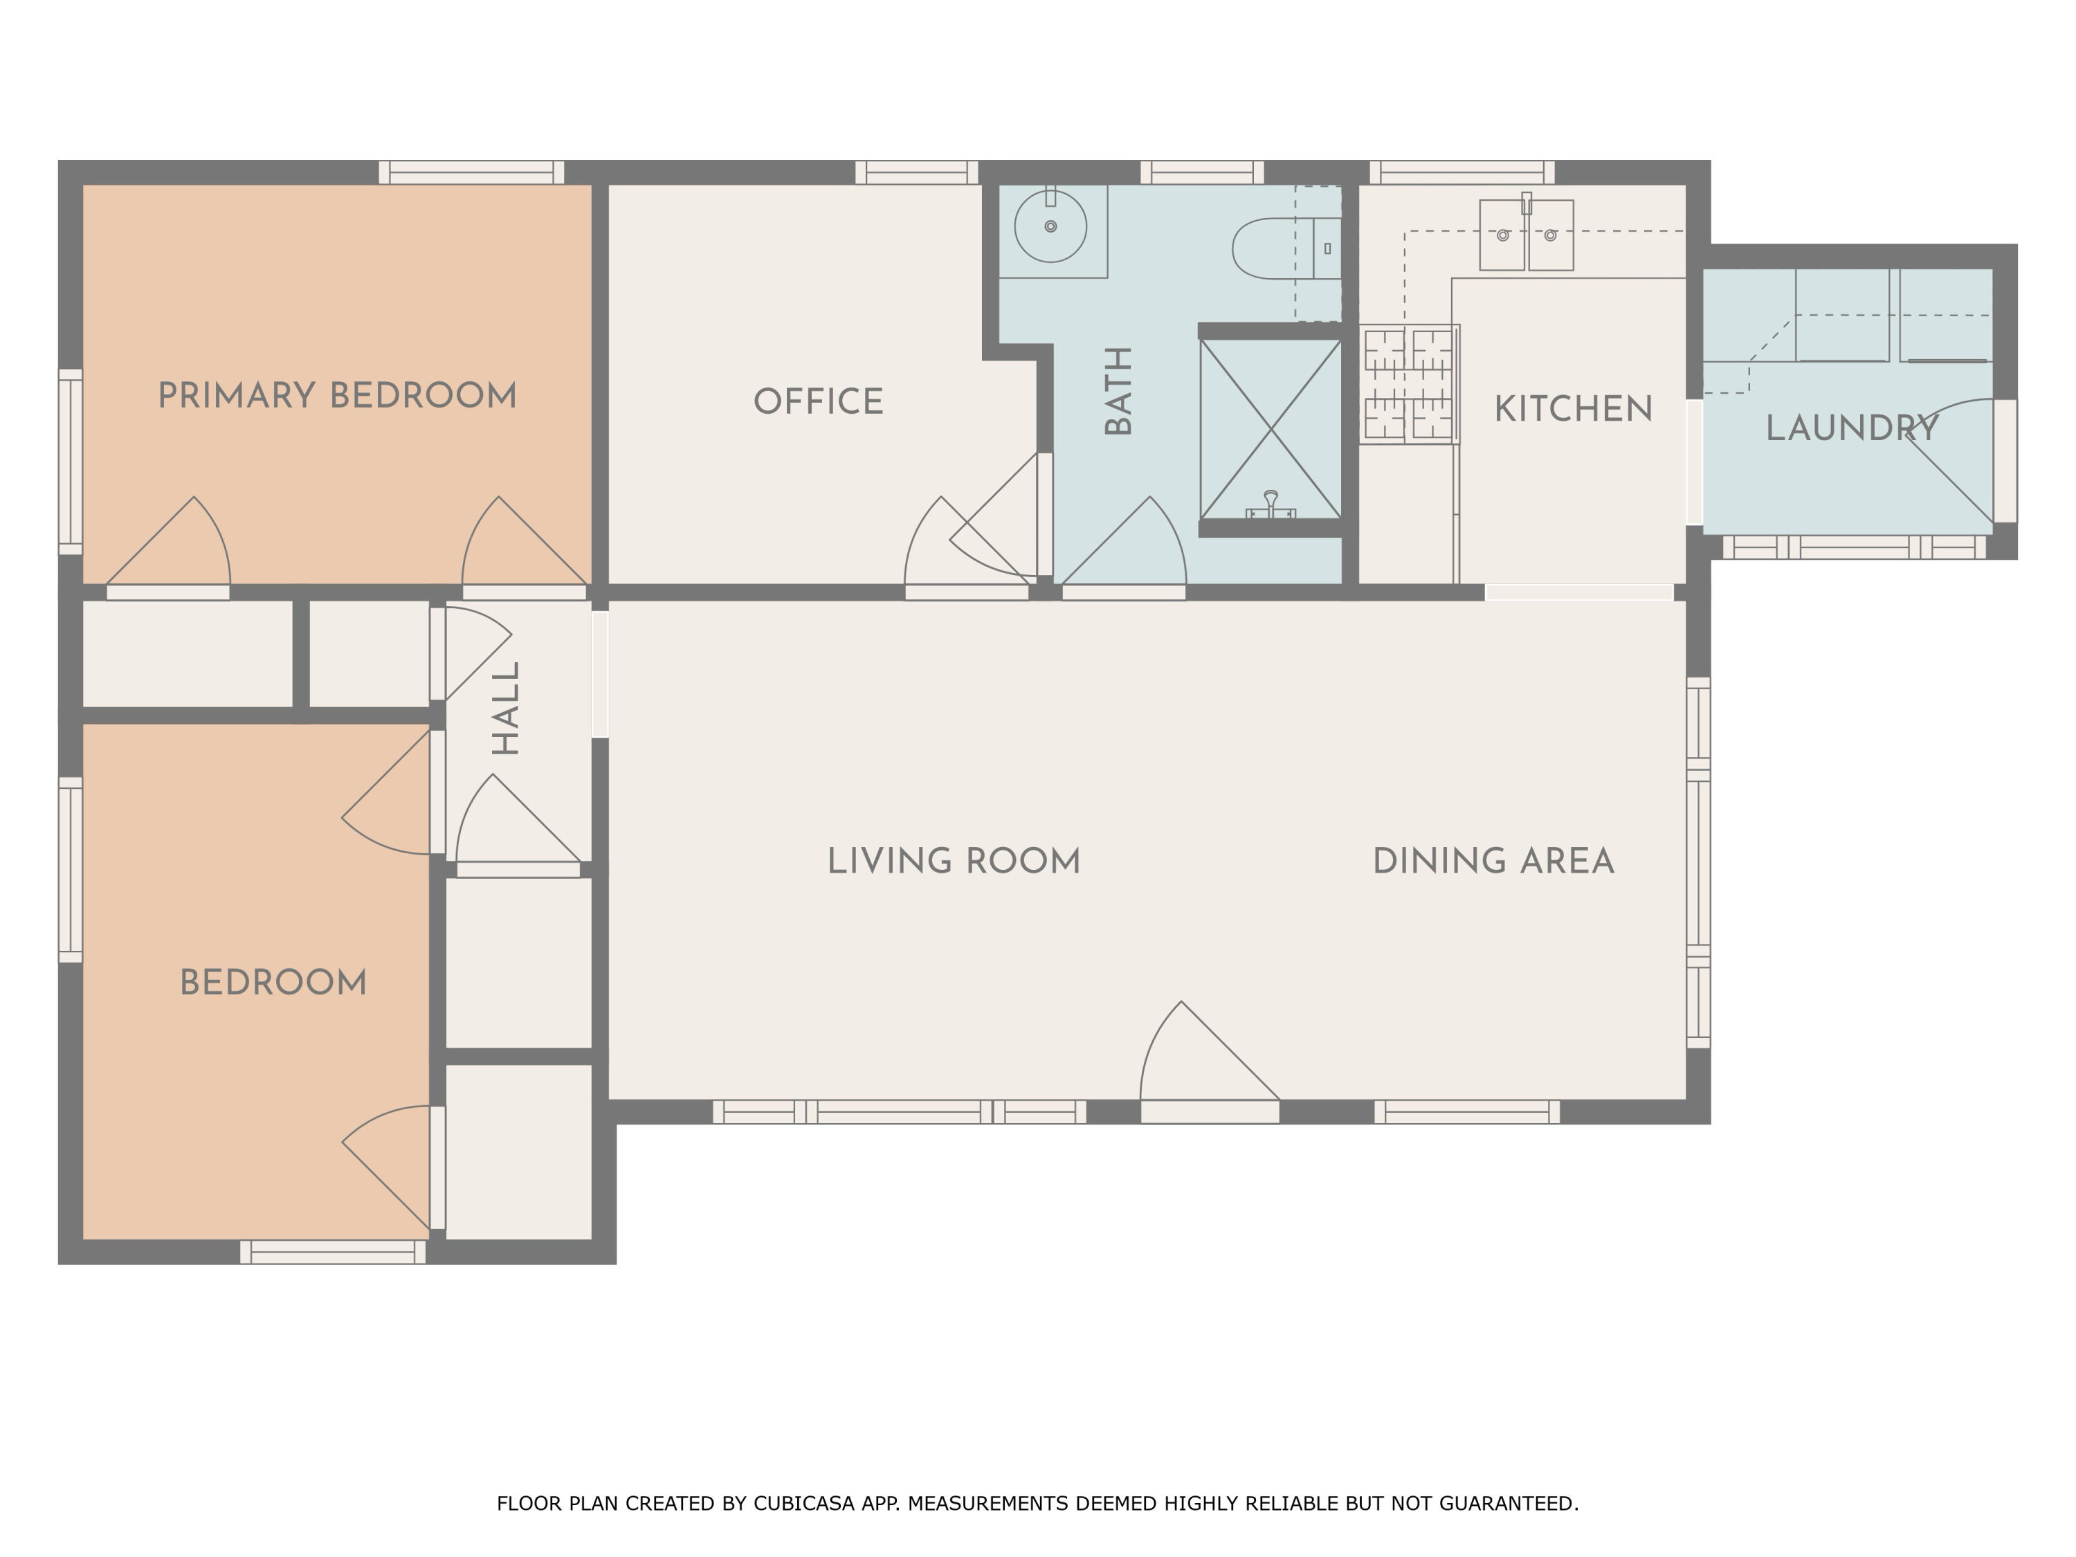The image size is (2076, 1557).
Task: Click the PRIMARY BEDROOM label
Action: pyautogui.click(x=337, y=396)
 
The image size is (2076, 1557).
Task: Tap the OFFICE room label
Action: pyautogui.click(x=819, y=401)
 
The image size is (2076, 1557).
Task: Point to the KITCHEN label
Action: pyautogui.click(x=1573, y=409)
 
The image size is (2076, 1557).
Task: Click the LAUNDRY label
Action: pyautogui.click(x=1852, y=429)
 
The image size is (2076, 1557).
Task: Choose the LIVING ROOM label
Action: pyautogui.click(x=954, y=862)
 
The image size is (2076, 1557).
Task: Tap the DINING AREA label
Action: pyautogui.click(x=1493, y=862)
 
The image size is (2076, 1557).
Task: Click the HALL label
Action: pyautogui.click(x=506, y=709)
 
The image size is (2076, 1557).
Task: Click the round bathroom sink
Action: pyautogui.click(x=1050, y=226)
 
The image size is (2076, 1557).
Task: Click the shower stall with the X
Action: pyautogui.click(x=1270, y=429)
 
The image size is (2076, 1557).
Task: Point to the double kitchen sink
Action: pyautogui.click(x=1526, y=235)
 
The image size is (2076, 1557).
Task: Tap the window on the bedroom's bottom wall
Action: pyautogui.click(x=333, y=1252)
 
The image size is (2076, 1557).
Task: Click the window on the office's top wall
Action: pyautogui.click(x=917, y=173)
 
